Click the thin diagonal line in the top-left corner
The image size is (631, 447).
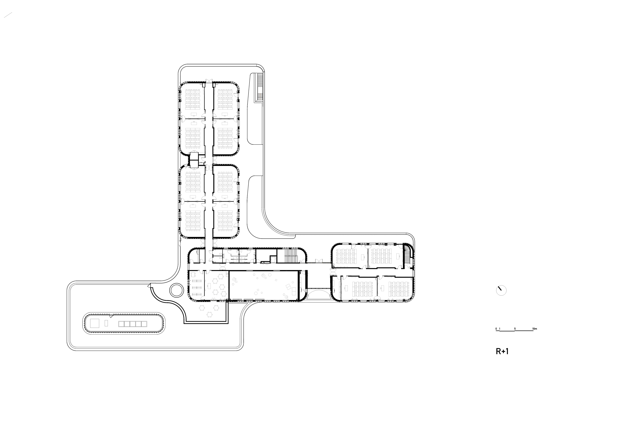pos(8,15)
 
